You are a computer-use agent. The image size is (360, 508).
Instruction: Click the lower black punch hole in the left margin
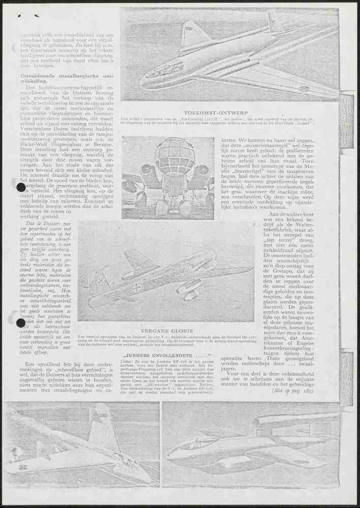21,323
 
